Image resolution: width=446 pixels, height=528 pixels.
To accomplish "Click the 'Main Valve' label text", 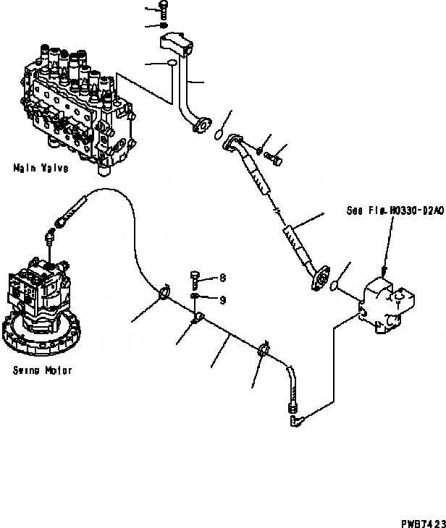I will [41, 169].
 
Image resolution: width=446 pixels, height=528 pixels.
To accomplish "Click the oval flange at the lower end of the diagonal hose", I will [319, 278].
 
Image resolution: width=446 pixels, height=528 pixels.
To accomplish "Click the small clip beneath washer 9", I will [197, 318].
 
